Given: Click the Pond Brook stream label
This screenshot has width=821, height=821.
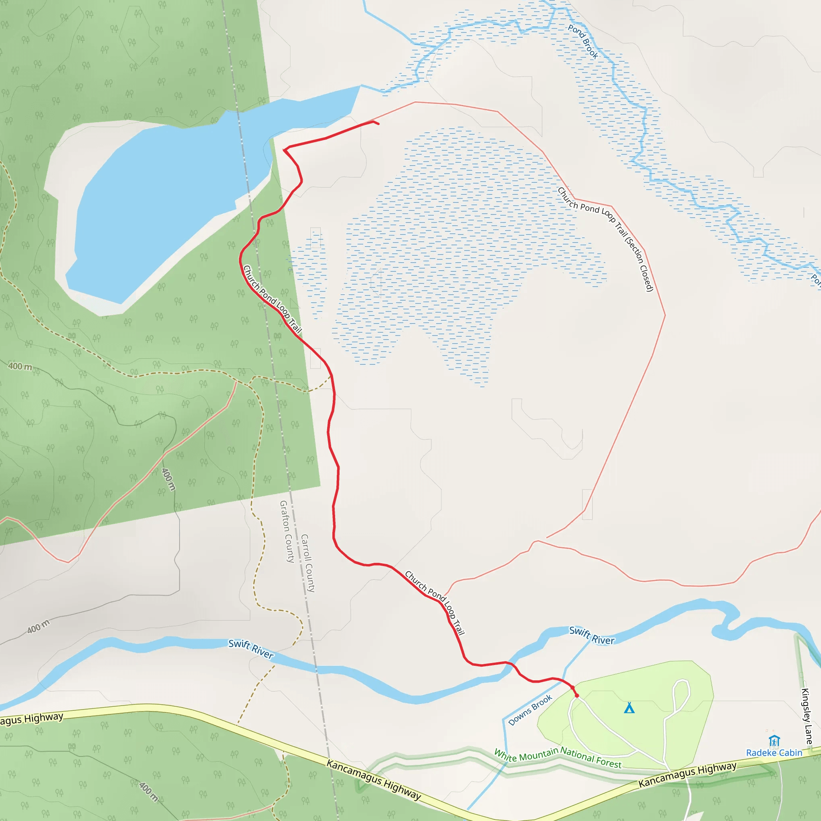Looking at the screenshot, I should (x=583, y=42).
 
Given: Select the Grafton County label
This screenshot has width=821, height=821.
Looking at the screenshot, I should (x=287, y=531).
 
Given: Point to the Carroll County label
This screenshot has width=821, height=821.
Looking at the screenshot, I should (x=307, y=563).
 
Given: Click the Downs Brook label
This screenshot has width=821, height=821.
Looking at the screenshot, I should (x=530, y=710).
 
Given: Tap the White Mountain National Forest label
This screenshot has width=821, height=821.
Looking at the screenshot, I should (x=558, y=758).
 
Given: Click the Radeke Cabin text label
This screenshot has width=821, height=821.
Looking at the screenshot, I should (x=774, y=752).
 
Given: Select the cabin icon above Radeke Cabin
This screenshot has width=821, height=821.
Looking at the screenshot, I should (x=774, y=741).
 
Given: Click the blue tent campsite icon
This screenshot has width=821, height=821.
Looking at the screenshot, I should (x=629, y=708).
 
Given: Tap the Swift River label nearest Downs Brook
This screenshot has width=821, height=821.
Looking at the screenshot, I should (x=592, y=636).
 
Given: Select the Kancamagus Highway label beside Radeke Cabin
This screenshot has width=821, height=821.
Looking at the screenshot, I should (x=687, y=774).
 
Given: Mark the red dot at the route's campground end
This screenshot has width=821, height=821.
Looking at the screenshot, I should (x=576, y=696).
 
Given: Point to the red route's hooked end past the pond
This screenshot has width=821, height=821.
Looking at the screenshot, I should (x=376, y=123).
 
